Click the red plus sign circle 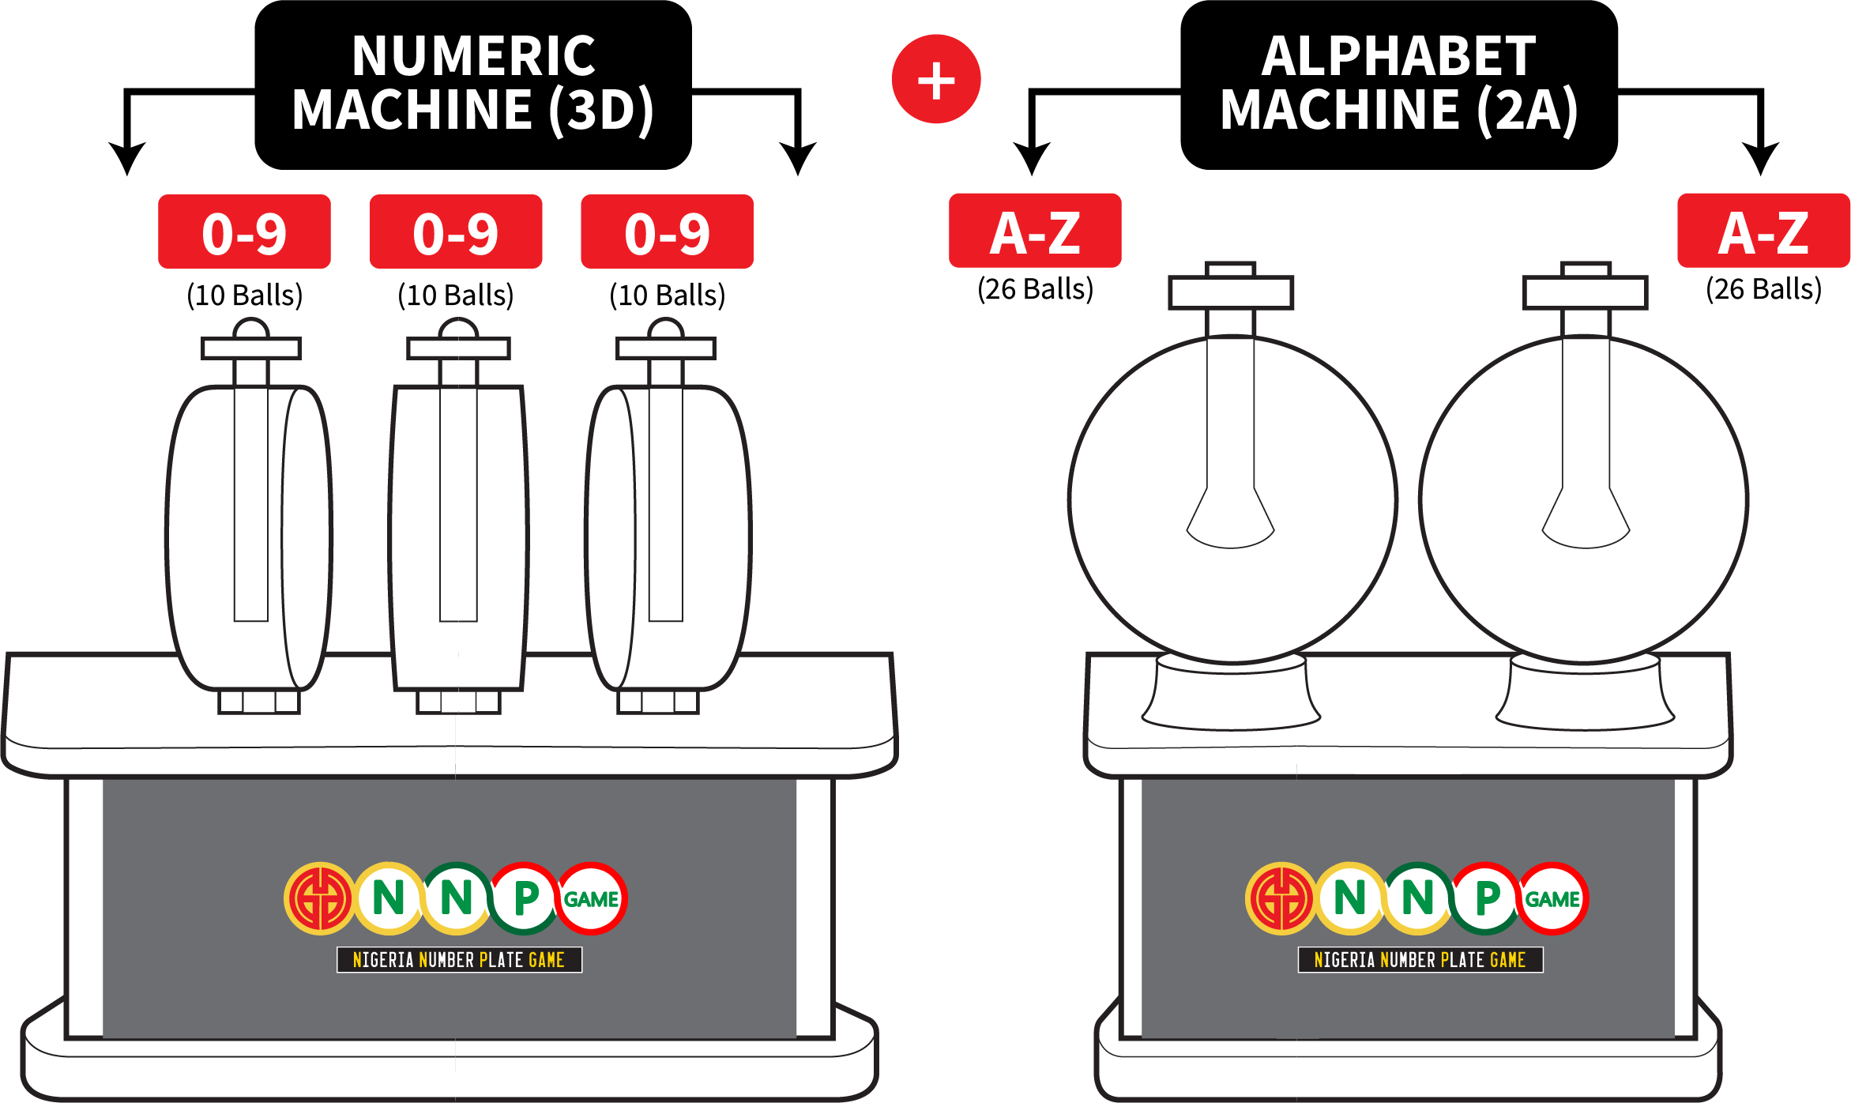coord(936,79)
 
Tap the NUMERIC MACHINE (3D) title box coord(473,85)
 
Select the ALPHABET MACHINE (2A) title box coord(1398,85)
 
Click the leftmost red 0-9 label coord(244,232)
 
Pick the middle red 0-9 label coord(456,232)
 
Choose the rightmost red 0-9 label coord(668,232)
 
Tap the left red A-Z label coord(1035,231)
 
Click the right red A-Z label coord(1764,231)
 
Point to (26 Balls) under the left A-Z coord(1035,289)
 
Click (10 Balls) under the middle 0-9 coord(456,296)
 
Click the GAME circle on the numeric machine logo coord(591,898)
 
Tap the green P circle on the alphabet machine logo coord(1486,898)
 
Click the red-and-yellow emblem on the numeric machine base coord(320,898)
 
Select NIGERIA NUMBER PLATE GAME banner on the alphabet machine coord(1420,960)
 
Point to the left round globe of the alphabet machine coord(1232,499)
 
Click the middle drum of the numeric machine coord(458,537)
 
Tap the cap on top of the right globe coord(1586,288)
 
